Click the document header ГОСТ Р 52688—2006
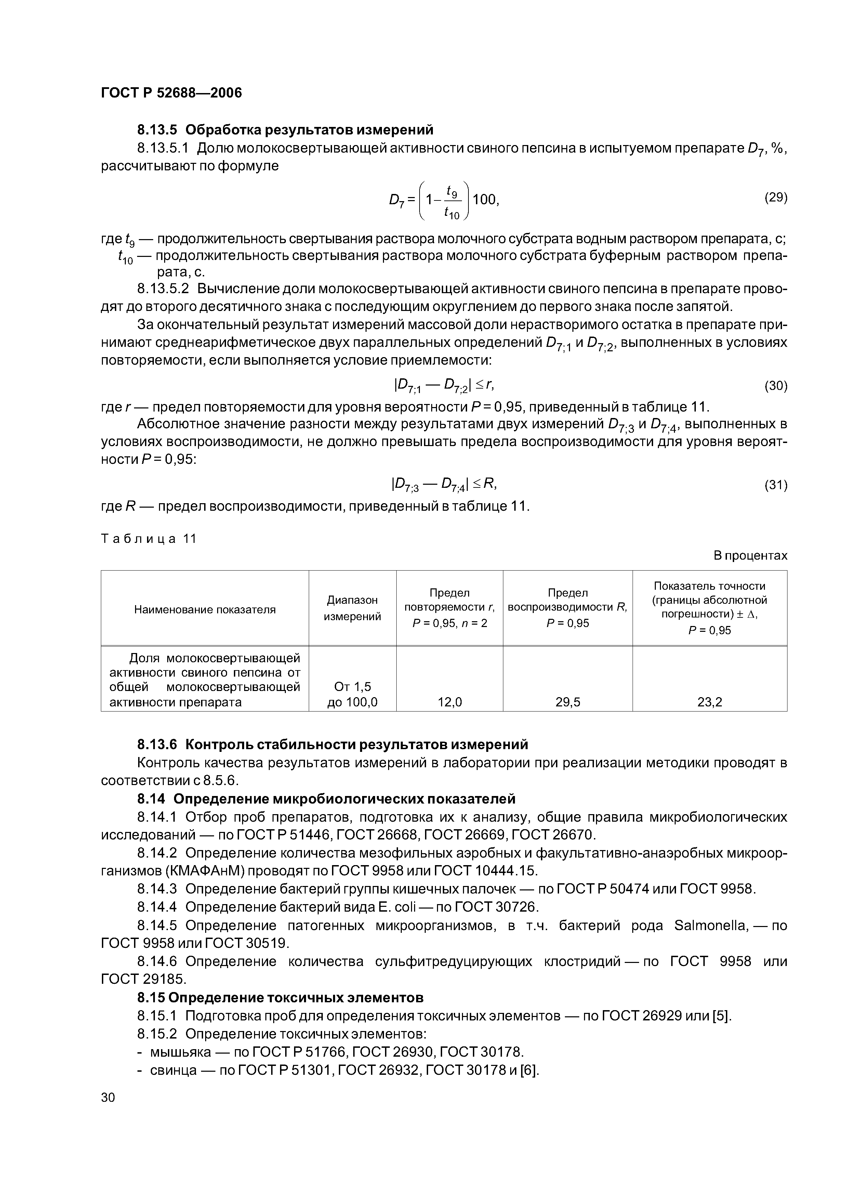(x=171, y=93)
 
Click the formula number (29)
(x=776, y=198)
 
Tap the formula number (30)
(x=776, y=386)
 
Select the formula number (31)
(x=776, y=485)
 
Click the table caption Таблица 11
(x=148, y=539)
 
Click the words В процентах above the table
(x=750, y=556)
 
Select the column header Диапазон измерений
(x=352, y=608)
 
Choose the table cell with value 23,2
(x=710, y=702)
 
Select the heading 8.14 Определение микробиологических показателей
(x=326, y=799)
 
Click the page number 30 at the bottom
(x=108, y=1098)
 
